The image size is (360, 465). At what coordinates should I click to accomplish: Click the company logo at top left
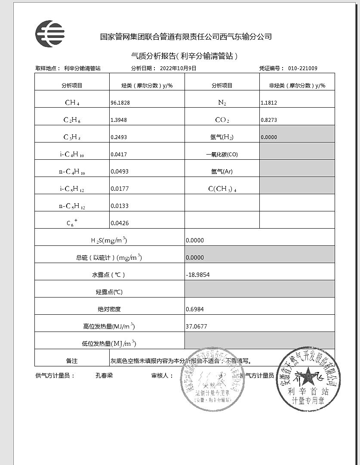[50, 34]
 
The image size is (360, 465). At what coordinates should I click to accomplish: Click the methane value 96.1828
[120, 103]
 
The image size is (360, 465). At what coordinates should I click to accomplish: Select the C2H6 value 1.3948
[119, 120]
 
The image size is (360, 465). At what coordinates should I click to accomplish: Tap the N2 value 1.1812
[269, 103]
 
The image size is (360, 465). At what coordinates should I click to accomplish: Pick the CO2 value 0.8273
[269, 120]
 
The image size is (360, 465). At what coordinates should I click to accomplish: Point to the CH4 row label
[72, 103]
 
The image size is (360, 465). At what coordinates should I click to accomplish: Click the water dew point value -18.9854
[198, 275]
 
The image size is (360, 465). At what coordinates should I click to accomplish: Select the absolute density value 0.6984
[195, 309]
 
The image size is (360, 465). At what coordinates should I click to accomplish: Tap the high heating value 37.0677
[197, 326]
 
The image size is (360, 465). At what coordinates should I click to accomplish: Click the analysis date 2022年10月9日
[178, 68]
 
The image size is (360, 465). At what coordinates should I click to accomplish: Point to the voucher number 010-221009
[303, 68]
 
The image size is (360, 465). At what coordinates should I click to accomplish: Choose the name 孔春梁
[104, 375]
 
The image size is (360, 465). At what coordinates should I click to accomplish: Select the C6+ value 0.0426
[120, 223]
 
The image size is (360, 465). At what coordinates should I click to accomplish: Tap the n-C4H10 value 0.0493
[120, 171]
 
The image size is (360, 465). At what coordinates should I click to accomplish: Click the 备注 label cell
[72, 361]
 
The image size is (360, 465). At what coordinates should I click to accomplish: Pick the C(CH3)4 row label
[222, 189]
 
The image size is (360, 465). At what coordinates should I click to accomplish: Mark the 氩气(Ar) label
[222, 171]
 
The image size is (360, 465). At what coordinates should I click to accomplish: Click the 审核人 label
[162, 375]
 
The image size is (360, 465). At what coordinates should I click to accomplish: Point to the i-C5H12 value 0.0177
[120, 189]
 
